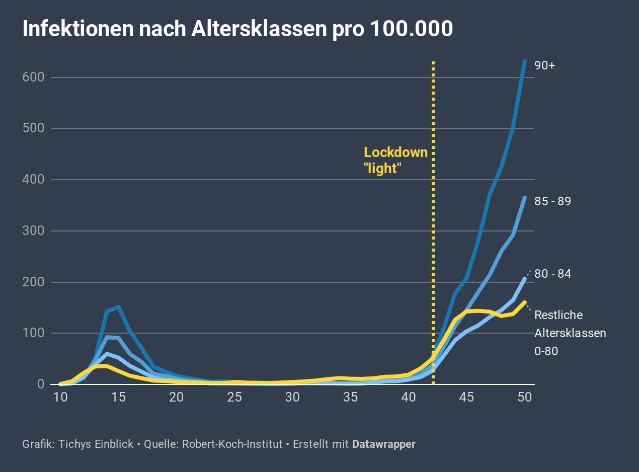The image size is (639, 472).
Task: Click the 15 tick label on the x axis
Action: pos(118,397)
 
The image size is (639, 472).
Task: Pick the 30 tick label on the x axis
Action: pos(292,397)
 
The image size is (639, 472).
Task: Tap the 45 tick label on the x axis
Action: pos(466,397)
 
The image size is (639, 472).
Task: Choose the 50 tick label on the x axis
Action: pos(524,397)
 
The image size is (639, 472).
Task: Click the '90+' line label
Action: pos(544,65)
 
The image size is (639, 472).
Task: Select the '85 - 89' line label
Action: pos(552,201)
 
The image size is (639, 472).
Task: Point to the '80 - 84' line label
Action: pos(552,274)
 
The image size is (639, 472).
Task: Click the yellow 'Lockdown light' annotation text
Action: pos(395,161)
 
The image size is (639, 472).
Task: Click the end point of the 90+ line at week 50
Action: pos(524,61)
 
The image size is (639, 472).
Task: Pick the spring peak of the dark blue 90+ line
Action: pos(118,306)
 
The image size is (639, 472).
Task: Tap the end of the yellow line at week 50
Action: pos(524,302)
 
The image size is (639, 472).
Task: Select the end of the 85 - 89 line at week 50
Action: pos(524,198)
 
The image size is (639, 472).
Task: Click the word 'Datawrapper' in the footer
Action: pos(383,444)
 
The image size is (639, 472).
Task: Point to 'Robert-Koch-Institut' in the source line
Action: pos(232,444)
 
